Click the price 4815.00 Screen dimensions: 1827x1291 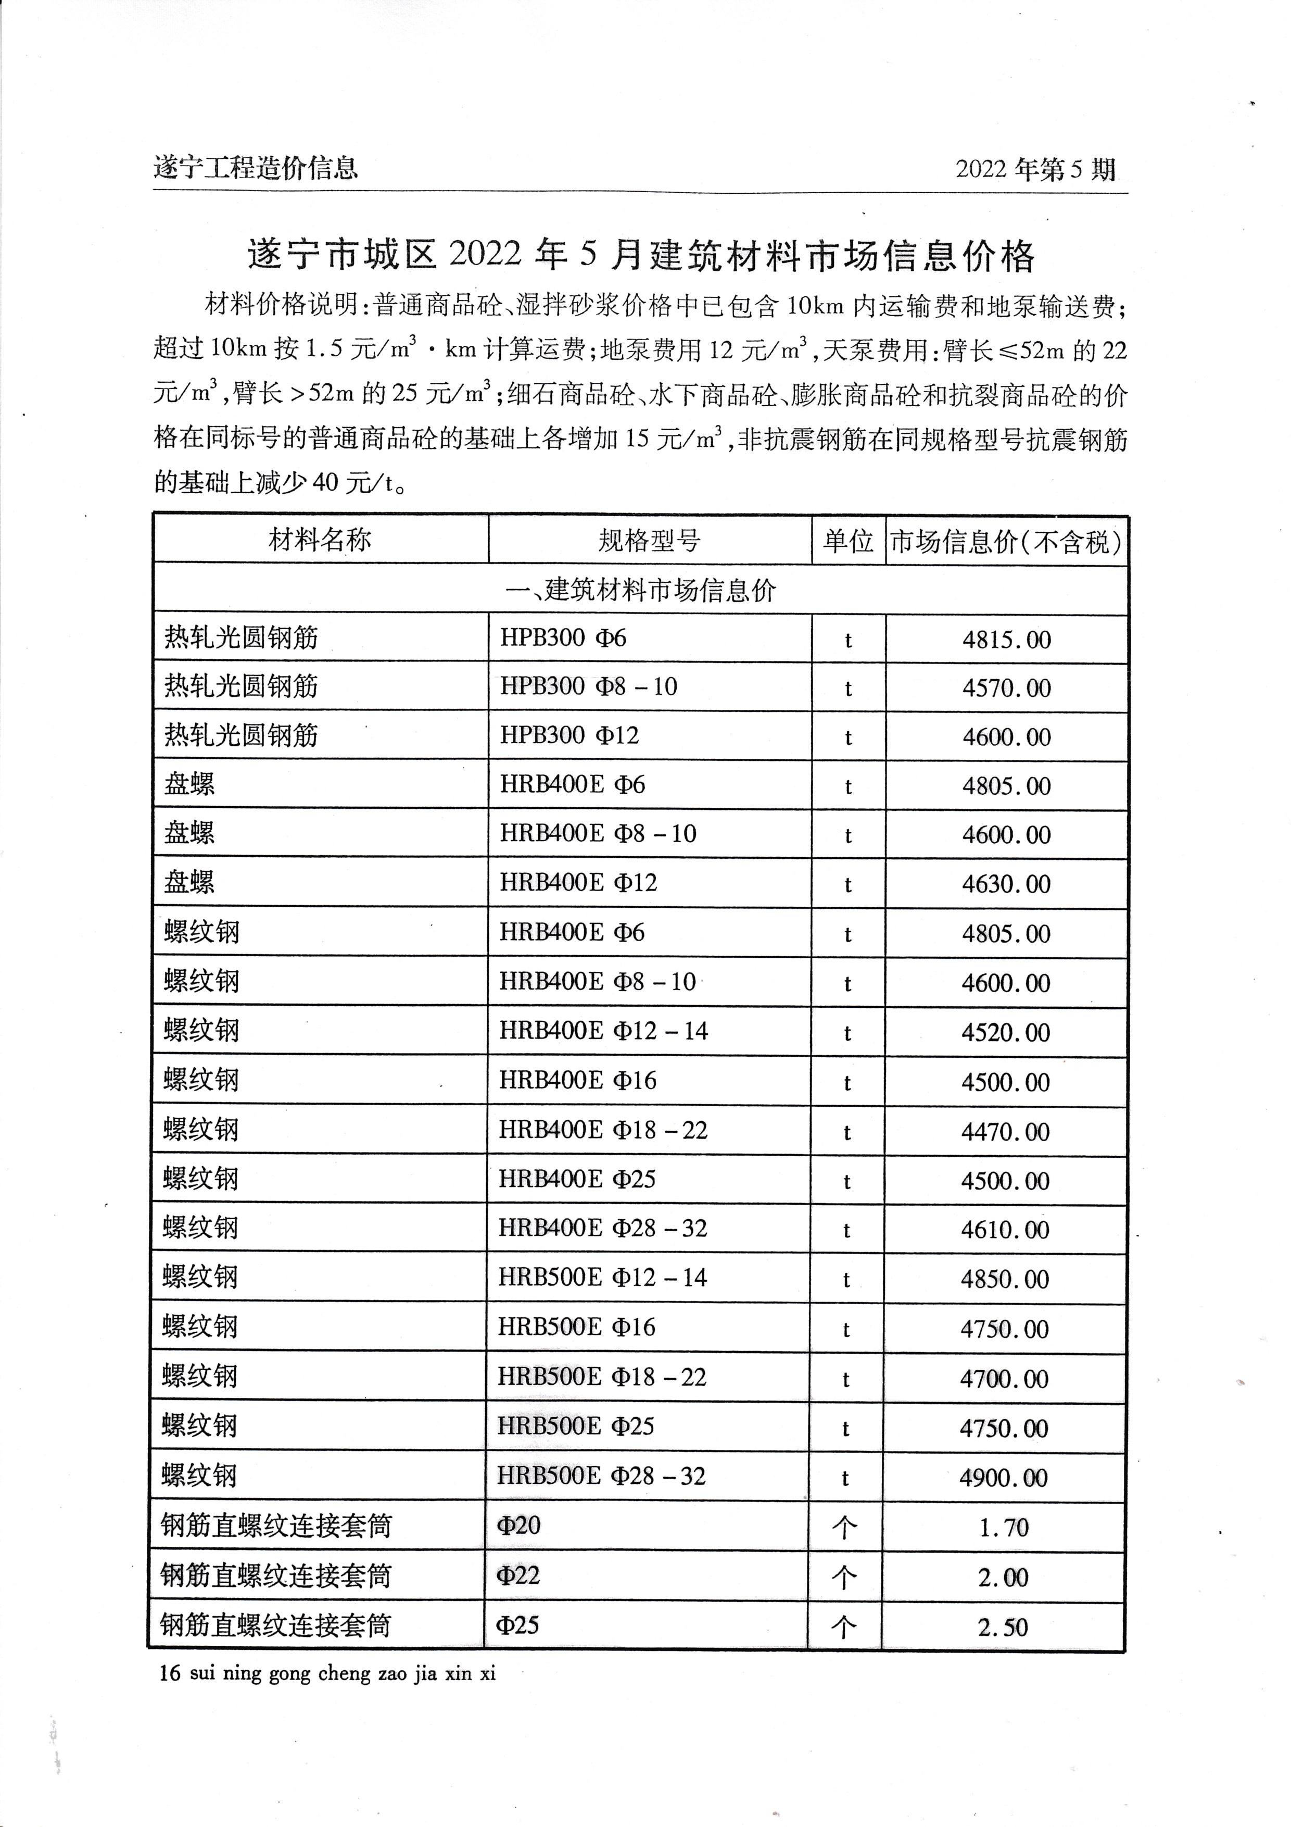point(1006,640)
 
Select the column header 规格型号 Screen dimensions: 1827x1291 point(649,541)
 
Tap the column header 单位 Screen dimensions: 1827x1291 point(848,541)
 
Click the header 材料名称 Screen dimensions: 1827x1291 point(320,540)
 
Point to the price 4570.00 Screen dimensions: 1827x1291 point(1006,689)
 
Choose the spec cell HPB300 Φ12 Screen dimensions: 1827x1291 point(569,735)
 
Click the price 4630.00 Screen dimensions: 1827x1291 point(1006,884)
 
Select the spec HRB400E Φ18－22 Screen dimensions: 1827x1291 point(603,1131)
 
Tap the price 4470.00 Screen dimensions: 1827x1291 point(1005,1132)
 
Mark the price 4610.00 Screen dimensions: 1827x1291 point(1005,1230)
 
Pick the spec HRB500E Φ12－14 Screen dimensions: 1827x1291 point(602,1278)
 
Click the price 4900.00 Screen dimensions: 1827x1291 point(1004,1479)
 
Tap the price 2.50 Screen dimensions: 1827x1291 point(1003,1628)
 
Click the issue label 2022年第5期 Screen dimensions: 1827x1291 point(1036,169)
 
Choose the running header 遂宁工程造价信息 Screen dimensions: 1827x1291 point(256,168)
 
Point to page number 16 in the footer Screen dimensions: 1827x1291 point(169,1673)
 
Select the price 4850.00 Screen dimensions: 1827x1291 point(1005,1280)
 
